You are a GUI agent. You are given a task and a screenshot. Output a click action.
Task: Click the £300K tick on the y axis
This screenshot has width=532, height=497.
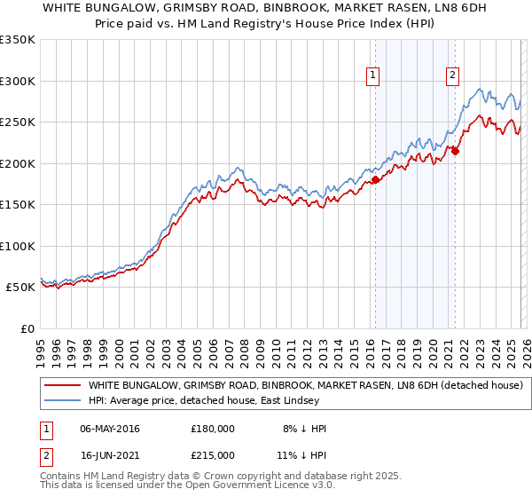click(x=18, y=81)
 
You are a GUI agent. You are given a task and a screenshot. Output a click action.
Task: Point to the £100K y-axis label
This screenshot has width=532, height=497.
click(x=18, y=246)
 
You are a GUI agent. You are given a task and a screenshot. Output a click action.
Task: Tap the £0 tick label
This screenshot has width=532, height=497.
click(x=26, y=328)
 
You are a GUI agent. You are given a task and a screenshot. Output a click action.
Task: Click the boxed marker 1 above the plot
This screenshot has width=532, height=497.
click(x=373, y=76)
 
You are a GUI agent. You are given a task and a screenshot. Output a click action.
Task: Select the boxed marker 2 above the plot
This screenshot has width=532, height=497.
click(x=452, y=76)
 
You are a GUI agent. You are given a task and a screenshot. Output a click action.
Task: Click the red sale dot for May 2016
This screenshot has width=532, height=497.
click(x=375, y=180)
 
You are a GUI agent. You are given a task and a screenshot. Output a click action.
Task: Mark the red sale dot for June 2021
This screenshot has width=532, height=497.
click(x=455, y=152)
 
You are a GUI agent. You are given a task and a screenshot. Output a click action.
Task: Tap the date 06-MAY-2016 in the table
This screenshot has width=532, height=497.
click(x=110, y=429)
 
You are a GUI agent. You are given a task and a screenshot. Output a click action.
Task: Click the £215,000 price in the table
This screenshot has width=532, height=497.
click(x=213, y=454)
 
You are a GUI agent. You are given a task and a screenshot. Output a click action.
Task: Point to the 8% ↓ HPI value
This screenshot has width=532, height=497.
click(x=303, y=429)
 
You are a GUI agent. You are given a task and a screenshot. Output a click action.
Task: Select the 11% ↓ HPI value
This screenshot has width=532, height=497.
click(x=303, y=454)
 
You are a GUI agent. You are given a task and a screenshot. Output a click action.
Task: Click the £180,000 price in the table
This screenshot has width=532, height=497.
click(x=213, y=429)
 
